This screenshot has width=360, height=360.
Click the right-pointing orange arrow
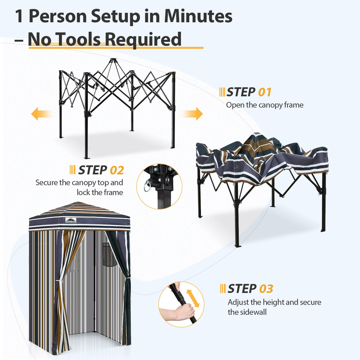(x=193, y=114)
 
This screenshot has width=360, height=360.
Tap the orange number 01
(x=265, y=92)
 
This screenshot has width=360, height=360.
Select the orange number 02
(x=117, y=170)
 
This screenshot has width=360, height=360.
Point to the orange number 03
(x=266, y=289)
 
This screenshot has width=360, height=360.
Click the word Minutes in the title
(x=198, y=16)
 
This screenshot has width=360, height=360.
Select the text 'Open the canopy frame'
(x=265, y=105)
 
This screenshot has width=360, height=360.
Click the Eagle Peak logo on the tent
(x=71, y=220)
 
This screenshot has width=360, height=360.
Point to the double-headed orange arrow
(x=193, y=298)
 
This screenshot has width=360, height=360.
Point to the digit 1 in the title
(x=19, y=16)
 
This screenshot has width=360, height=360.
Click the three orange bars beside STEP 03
(x=222, y=288)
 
